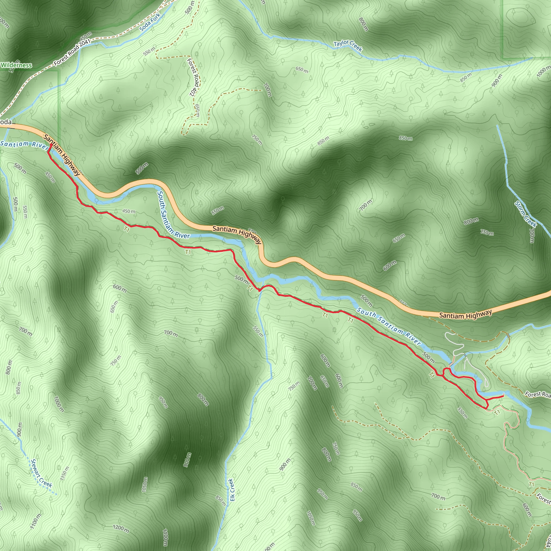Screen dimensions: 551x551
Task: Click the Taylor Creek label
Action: (348, 46)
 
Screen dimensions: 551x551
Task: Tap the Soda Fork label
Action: (150, 22)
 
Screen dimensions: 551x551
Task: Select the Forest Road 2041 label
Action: (72, 52)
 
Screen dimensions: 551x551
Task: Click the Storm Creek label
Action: (526, 214)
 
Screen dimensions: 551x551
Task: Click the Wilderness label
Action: (16, 65)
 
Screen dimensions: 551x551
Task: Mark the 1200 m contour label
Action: (121, 528)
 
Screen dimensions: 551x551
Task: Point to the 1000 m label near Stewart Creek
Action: (59, 404)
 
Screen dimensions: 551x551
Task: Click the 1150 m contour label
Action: (65, 474)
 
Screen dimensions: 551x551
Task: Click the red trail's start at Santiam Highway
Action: (51, 144)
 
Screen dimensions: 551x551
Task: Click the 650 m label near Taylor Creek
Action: (302, 70)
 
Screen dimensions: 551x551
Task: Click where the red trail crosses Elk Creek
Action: (259, 291)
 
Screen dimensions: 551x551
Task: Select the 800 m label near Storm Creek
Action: (471, 221)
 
